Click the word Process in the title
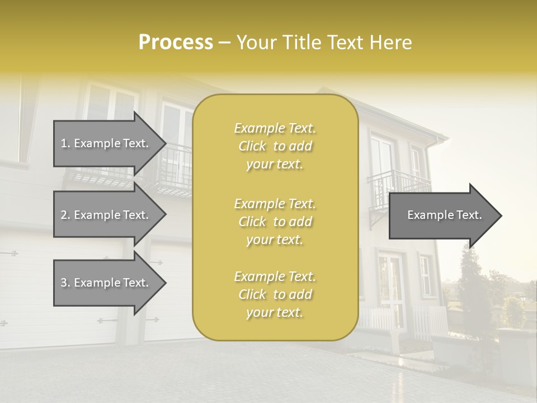point(176,43)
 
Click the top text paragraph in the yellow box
point(275,146)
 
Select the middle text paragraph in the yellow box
point(275,222)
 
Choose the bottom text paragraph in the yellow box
point(275,294)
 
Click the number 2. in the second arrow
point(65,215)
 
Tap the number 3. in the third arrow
point(65,283)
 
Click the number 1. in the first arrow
point(65,143)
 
